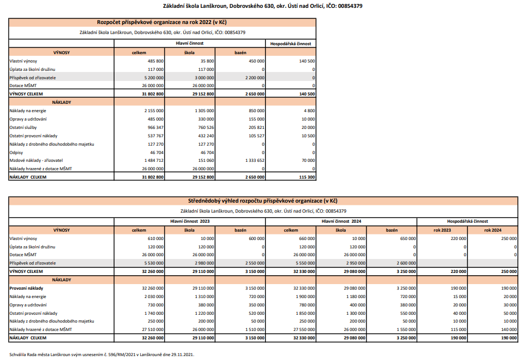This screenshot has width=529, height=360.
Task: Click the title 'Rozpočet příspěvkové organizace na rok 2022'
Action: click(162, 22)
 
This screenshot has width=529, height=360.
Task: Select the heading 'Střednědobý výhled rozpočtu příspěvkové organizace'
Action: click(263, 201)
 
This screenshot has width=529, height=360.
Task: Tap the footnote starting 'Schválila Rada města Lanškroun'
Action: click(102, 354)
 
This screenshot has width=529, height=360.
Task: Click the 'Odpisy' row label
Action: click(16, 152)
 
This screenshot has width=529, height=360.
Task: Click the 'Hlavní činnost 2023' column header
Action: click(190, 221)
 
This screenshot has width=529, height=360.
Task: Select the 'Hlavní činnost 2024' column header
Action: click(341, 221)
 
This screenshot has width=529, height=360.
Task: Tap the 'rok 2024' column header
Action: click(493, 230)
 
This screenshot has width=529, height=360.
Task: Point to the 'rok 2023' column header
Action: click(442, 230)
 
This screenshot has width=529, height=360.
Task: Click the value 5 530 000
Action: click(152, 262)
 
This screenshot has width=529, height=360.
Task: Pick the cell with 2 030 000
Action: click(152, 296)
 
